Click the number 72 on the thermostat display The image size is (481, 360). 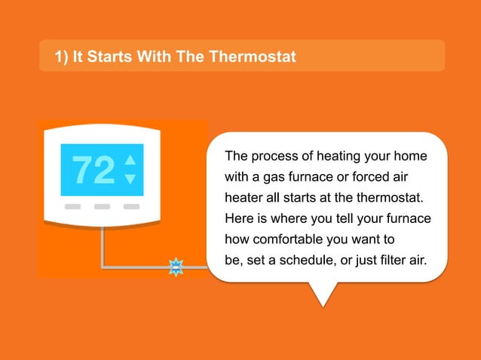(93, 170)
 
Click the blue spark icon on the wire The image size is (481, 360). (176, 267)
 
